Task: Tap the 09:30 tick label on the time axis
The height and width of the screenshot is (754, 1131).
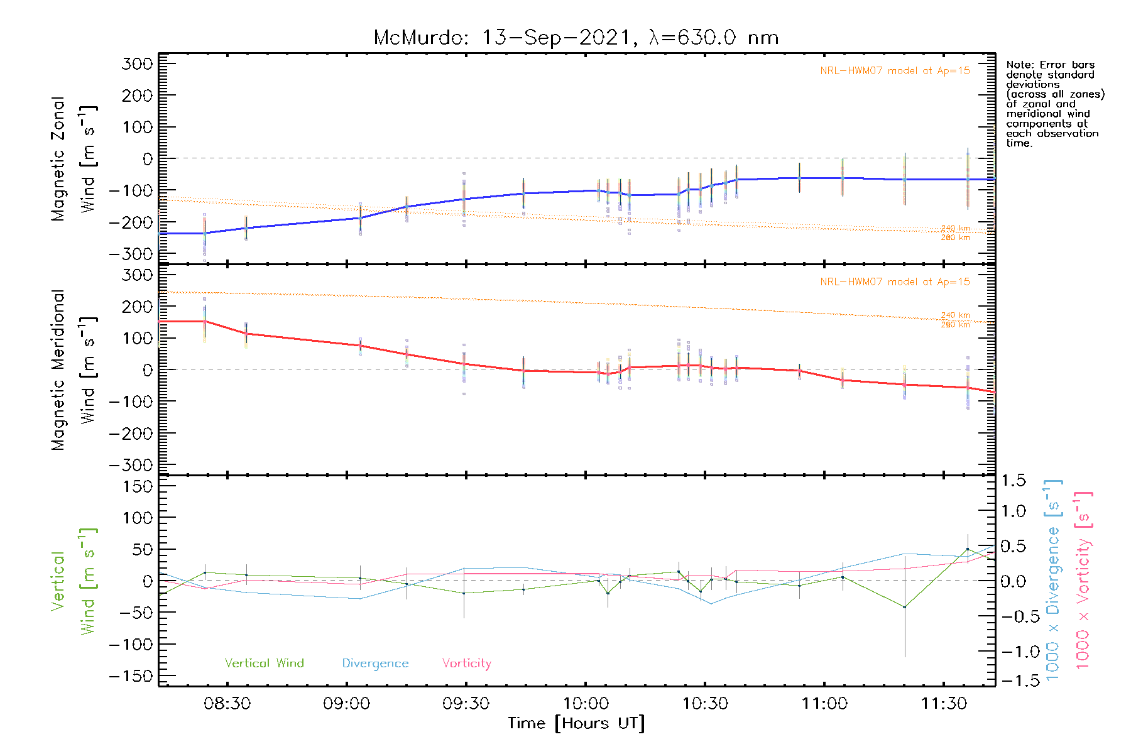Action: point(466,704)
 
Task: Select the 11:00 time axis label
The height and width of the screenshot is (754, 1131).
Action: point(824,704)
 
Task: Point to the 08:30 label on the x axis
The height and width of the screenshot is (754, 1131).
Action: point(227,704)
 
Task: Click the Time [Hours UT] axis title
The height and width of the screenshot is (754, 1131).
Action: point(576,724)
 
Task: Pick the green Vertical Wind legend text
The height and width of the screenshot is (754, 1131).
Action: point(264,664)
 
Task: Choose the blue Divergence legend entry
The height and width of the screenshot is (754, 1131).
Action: point(375,664)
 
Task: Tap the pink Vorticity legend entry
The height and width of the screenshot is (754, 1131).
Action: point(466,664)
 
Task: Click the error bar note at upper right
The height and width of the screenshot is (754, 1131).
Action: point(1054,104)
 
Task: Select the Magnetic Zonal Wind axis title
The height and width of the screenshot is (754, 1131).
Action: point(74,159)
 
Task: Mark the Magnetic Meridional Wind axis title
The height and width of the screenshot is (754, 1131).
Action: point(74,370)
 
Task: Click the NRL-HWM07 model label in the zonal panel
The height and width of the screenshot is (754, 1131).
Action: point(895,71)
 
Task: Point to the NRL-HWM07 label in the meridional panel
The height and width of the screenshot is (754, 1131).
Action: point(895,282)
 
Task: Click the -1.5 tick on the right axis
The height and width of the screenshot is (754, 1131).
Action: point(1013,681)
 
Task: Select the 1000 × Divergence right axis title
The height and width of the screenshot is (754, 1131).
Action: point(1052,579)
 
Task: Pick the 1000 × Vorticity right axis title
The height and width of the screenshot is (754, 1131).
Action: point(1083,579)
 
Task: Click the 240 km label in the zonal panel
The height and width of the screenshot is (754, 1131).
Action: point(955,229)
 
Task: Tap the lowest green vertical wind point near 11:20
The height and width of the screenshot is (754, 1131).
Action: point(904,607)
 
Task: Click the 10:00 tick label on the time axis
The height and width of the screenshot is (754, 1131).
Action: point(586,704)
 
